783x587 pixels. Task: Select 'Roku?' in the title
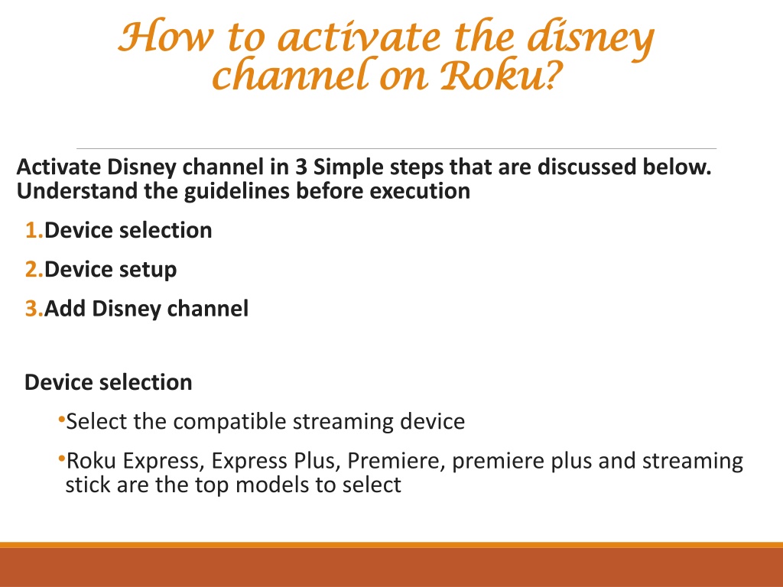[x=501, y=76]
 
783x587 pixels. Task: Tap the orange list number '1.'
[x=34, y=230]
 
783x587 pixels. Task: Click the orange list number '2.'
[x=34, y=269]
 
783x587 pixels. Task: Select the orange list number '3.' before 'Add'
[x=34, y=308]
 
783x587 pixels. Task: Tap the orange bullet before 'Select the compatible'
[x=61, y=419]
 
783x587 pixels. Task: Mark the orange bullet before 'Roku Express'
[x=61, y=458]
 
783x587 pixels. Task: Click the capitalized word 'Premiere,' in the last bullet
[x=396, y=461]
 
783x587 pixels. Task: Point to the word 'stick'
[x=88, y=485]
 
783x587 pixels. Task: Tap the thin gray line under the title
[x=397, y=148]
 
